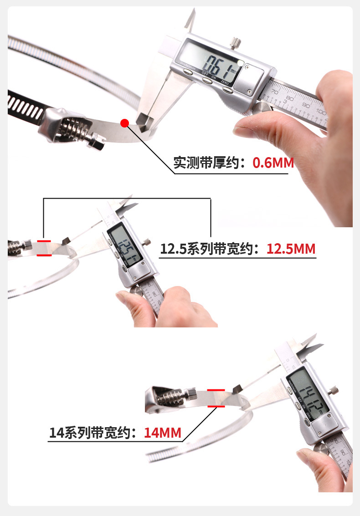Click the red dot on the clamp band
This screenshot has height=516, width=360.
pos(124,122)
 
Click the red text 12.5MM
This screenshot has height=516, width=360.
pos(291,249)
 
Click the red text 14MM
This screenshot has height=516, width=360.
pos(163,432)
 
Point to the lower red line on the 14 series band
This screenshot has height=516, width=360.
pos(216,406)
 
